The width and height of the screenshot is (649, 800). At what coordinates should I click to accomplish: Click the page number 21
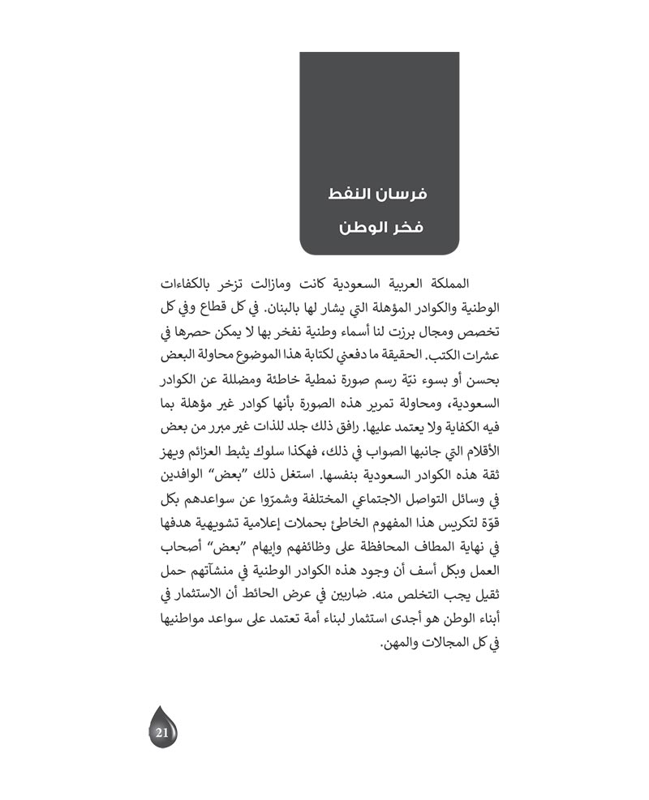click(161, 733)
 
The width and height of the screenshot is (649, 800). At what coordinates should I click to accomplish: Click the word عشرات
click(476, 355)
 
